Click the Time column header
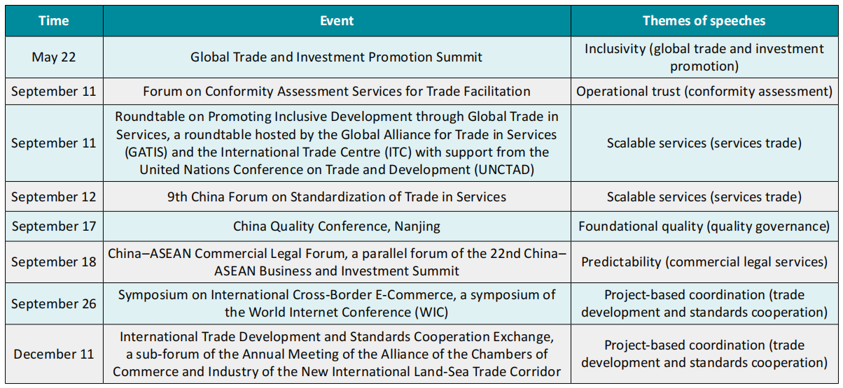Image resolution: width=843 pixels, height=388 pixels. pos(54,21)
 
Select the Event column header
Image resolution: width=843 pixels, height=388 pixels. pos(337,21)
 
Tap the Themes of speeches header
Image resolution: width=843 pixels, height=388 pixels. pos(704,21)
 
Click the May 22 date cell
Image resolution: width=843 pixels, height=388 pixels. pos(54,57)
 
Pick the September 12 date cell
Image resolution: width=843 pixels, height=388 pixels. pos(54,197)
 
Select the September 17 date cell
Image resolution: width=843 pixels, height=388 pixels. pos(54,226)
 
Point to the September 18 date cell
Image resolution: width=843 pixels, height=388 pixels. pos(54,261)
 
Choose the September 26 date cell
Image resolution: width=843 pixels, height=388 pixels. pos(54,303)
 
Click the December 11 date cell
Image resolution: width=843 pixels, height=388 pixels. pos(54,354)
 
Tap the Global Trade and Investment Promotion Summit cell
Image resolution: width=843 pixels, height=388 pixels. pos(337,57)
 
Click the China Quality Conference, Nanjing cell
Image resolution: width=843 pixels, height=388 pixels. pos(337,226)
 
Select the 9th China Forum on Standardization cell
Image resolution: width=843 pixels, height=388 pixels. pos(337,197)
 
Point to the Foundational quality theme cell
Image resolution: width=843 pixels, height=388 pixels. pos(704,226)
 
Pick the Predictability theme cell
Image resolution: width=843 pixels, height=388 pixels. pos(704,261)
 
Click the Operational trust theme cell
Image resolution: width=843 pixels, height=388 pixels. pos(704,92)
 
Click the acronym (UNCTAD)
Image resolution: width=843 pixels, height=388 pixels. pos(504,170)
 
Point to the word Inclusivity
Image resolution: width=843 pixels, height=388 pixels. pos(615,49)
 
